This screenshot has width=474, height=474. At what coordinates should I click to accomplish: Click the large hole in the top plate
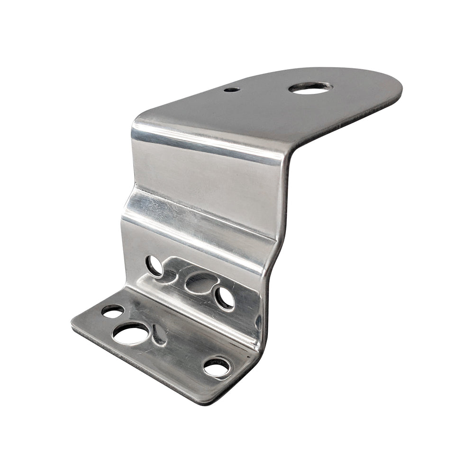pos(310,88)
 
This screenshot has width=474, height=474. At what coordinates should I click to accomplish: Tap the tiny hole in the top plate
pos(232,89)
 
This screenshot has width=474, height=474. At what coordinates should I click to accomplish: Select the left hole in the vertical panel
pos(154,265)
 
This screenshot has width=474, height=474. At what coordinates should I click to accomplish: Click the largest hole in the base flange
pos(130,334)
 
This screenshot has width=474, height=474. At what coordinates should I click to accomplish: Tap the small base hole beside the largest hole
pos(112,311)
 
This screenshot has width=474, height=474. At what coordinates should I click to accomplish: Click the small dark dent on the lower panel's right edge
pos(258,323)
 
